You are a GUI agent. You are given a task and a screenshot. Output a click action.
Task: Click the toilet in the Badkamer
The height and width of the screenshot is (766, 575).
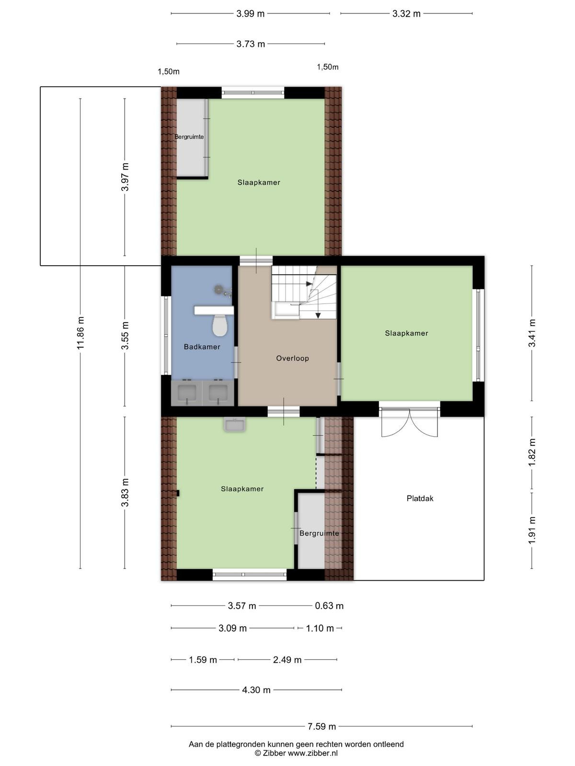pyautogui.click(x=220, y=325)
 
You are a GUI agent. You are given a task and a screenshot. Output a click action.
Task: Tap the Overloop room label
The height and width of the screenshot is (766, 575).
pyautogui.click(x=292, y=359)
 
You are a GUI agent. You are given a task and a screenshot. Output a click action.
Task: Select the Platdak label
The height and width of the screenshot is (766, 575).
pyautogui.click(x=420, y=498)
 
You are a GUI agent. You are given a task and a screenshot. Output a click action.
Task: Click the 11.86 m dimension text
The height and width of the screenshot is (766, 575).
pyautogui.click(x=80, y=333)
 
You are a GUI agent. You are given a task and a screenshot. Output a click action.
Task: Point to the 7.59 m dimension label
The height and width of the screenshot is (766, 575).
pyautogui.click(x=322, y=727)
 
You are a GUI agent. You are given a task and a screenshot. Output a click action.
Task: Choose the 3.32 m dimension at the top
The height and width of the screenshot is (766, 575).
pyautogui.click(x=406, y=13)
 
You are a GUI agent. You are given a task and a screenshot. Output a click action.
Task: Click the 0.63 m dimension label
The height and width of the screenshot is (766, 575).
pyautogui.click(x=329, y=606)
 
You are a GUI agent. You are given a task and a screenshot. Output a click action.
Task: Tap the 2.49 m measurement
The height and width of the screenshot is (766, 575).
pyautogui.click(x=287, y=660)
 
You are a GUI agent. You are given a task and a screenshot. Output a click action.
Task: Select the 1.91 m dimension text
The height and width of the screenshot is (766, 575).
pyautogui.click(x=532, y=530)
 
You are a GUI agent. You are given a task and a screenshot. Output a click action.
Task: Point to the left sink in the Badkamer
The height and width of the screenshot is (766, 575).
pyautogui.click(x=187, y=393)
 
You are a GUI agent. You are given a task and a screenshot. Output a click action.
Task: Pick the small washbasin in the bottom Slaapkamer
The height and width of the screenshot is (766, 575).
pyautogui.click(x=235, y=425)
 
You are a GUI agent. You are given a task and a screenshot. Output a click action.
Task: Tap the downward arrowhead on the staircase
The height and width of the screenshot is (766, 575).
pyautogui.click(x=318, y=315)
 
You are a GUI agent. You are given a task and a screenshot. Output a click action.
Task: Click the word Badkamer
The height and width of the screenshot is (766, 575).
pyautogui.click(x=202, y=347)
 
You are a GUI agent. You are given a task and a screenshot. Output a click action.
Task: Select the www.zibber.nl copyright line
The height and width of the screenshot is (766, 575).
pyautogui.click(x=296, y=753)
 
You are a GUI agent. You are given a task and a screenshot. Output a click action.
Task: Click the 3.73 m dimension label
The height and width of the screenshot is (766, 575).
pyautogui.click(x=251, y=44)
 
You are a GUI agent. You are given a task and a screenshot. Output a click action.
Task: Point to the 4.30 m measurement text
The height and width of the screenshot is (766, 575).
pyautogui.click(x=256, y=690)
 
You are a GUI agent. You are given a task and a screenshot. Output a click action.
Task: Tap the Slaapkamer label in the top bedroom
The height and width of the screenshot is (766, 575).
pyautogui.click(x=259, y=182)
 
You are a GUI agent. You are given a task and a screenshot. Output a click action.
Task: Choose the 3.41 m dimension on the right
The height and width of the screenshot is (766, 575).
pyautogui.click(x=532, y=333)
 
